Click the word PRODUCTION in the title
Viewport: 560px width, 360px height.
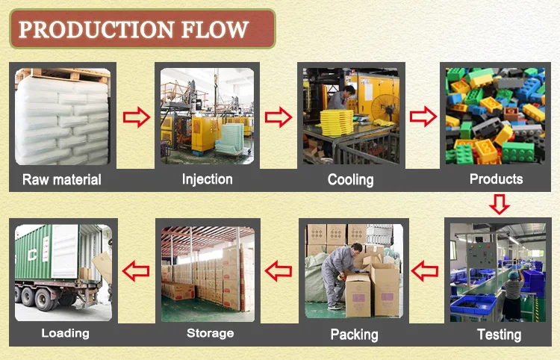tap(87, 30)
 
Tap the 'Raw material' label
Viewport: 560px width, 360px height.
tap(62, 179)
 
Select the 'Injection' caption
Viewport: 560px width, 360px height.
tap(207, 179)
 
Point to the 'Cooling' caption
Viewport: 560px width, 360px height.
tap(351, 179)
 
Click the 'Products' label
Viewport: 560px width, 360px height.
tap(496, 179)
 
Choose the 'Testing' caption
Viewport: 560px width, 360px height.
tap(499, 334)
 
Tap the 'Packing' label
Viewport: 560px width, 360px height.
tap(354, 334)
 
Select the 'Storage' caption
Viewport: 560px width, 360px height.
tap(210, 333)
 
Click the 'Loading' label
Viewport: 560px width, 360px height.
tap(65, 333)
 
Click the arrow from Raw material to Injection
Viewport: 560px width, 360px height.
tap(136, 117)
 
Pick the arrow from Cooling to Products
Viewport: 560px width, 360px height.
tap(423, 117)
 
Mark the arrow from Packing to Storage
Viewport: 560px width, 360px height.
tap(279, 270)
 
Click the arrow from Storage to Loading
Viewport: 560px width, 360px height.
tap(135, 270)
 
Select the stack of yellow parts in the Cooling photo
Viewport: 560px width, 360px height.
tap(335, 120)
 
